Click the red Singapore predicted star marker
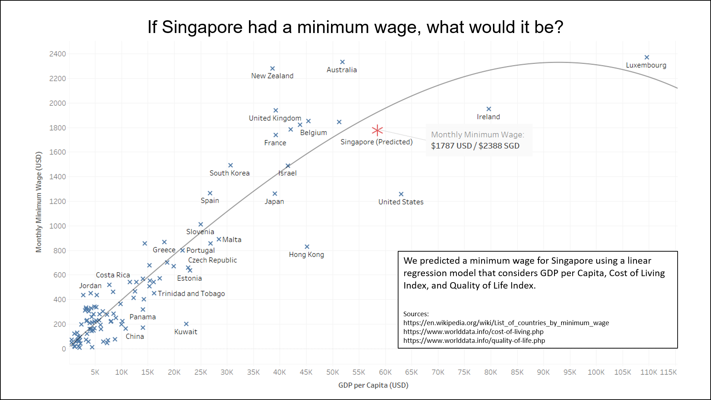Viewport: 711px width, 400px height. (377, 130)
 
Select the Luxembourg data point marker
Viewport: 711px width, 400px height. (647, 57)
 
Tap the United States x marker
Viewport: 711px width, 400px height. (401, 194)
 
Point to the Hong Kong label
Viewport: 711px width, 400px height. (306, 254)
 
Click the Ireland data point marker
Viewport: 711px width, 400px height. (489, 109)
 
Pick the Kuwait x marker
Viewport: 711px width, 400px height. (186, 324)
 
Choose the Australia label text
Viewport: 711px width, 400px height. (342, 70)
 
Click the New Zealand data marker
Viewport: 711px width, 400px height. (272, 69)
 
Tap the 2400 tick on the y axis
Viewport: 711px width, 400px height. (58, 54)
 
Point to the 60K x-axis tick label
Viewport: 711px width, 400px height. (385, 372)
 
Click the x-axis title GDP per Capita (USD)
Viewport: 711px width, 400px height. (373, 385)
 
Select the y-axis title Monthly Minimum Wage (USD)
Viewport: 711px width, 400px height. (39, 202)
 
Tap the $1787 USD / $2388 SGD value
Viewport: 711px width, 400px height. (475, 146)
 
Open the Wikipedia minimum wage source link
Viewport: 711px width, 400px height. (506, 323)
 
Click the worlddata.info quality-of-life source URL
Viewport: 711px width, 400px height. (474, 340)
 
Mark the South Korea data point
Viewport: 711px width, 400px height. (230, 165)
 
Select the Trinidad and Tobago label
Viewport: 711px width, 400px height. (191, 294)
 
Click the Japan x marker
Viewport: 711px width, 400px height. (275, 194)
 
